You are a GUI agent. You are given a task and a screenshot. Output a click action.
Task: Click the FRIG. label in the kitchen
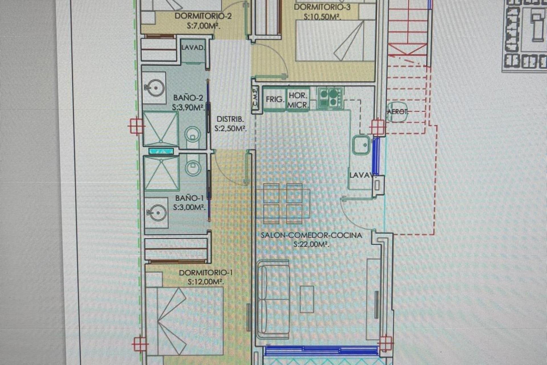click(x=275, y=100)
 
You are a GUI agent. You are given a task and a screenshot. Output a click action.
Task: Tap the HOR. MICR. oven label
click(x=298, y=100)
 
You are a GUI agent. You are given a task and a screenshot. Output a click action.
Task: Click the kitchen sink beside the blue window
click(x=361, y=145)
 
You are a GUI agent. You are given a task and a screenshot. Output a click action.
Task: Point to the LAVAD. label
click(x=193, y=48)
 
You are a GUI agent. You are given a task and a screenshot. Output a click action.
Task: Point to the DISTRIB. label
click(x=230, y=119)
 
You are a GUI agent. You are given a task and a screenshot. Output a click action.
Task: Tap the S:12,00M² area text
click(x=205, y=282)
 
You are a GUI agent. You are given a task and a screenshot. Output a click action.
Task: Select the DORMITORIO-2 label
click(x=203, y=16)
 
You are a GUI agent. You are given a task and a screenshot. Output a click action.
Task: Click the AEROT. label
click(x=398, y=112)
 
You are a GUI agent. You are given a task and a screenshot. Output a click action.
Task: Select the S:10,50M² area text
click(x=322, y=17)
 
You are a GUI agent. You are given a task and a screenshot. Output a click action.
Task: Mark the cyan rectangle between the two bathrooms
click(x=161, y=151)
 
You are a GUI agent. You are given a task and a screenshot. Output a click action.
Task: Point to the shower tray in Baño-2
click(x=160, y=127)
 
